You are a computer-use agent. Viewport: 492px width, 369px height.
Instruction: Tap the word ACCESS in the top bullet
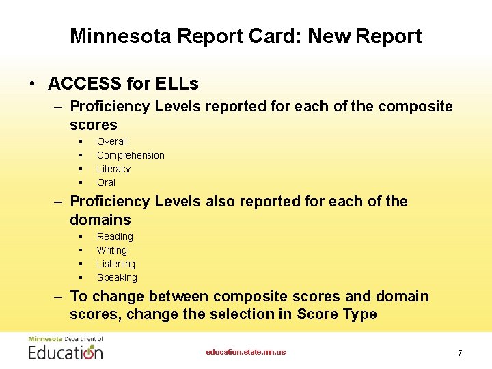click(x=85, y=84)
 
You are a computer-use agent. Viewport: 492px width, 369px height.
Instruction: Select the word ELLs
click(x=176, y=84)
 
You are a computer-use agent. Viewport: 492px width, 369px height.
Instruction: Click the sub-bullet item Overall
click(x=112, y=141)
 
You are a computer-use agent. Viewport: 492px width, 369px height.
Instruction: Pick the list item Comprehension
click(x=131, y=155)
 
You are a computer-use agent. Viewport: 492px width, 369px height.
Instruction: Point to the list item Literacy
click(x=113, y=169)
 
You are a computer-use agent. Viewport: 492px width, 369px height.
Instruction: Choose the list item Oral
click(x=106, y=182)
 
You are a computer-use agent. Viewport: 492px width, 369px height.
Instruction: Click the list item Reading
click(x=115, y=236)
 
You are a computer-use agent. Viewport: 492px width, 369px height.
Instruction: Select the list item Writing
click(x=112, y=250)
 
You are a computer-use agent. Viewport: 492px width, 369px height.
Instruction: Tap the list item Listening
click(x=116, y=264)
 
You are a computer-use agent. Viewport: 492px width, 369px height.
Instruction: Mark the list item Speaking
click(x=117, y=277)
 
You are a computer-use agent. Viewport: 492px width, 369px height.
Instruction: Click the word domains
click(x=100, y=220)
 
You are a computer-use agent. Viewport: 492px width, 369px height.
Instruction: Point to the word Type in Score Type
click(x=360, y=314)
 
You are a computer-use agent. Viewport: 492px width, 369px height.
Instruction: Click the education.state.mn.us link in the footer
click(x=246, y=352)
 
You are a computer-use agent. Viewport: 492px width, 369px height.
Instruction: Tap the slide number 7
click(x=460, y=353)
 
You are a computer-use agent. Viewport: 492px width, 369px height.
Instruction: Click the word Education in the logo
click(x=65, y=353)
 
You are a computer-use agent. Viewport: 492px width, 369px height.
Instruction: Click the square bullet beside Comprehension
click(x=81, y=155)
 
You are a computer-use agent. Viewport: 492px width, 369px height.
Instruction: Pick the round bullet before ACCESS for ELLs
click(x=32, y=85)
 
